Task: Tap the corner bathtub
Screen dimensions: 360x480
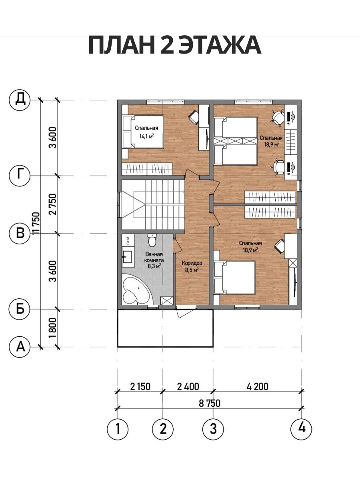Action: pyautogui.click(x=135, y=289)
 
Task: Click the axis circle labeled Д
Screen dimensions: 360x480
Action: pyautogui.click(x=20, y=100)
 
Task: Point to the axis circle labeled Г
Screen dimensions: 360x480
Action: pyautogui.click(x=20, y=176)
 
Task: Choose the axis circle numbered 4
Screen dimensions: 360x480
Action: pyautogui.click(x=302, y=428)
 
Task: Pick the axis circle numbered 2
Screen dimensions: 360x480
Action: pyautogui.click(x=163, y=429)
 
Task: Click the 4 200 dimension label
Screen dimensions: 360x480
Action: pyautogui.click(x=257, y=386)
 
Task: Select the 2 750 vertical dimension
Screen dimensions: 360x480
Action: pyautogui.click(x=53, y=204)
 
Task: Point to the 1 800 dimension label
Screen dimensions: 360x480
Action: pyautogui.click(x=53, y=328)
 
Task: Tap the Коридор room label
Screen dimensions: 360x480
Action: pyautogui.click(x=192, y=263)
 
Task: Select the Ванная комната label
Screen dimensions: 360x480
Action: pyautogui.click(x=155, y=257)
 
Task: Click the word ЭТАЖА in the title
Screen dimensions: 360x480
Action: pyautogui.click(x=220, y=46)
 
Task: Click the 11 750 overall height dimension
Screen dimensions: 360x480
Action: pyautogui.click(x=36, y=223)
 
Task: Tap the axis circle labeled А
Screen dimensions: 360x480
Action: pyautogui.click(x=20, y=347)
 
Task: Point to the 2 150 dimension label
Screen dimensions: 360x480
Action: pyautogui.click(x=140, y=386)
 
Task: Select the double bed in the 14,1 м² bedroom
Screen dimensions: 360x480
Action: pyautogui.click(x=143, y=132)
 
